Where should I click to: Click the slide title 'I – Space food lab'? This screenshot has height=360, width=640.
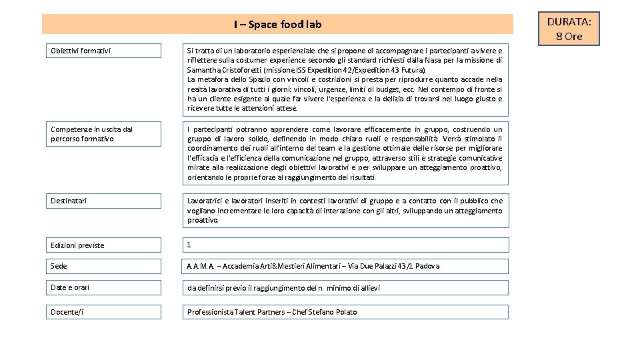click(277, 25)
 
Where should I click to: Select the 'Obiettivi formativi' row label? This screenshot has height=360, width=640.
click(81, 51)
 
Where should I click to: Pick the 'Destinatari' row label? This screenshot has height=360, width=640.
click(69, 201)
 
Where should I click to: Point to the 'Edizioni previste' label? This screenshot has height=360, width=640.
click(77, 245)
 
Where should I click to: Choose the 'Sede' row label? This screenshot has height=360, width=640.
click(59, 266)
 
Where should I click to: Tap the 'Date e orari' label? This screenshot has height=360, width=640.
click(70, 287)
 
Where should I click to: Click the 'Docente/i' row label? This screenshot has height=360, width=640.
click(67, 312)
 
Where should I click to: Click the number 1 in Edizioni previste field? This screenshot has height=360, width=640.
click(189, 245)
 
